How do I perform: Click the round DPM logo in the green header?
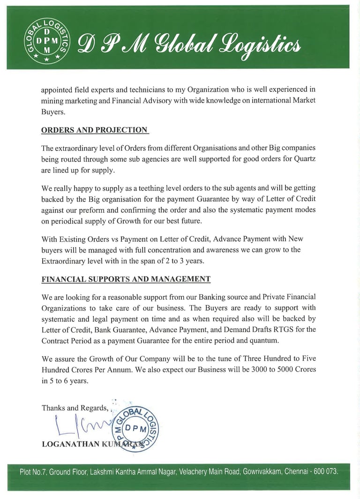click(46, 41)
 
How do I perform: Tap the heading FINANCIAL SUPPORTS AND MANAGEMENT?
click(126, 279)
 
